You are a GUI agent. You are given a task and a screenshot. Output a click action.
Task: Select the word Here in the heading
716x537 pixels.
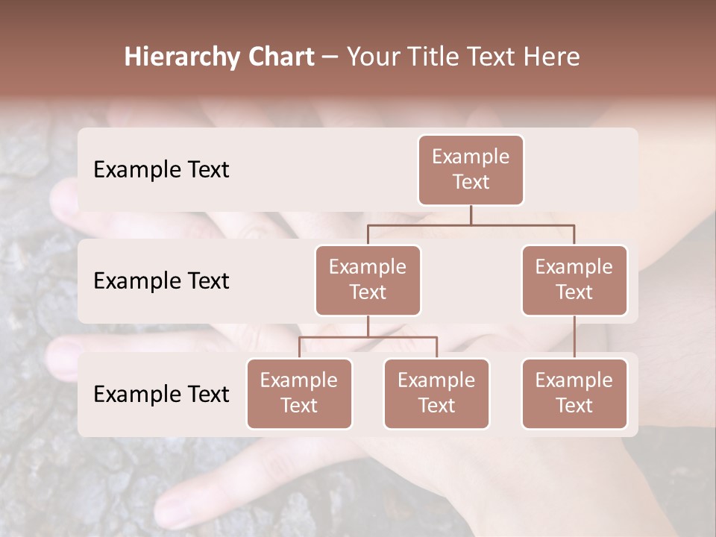(x=551, y=57)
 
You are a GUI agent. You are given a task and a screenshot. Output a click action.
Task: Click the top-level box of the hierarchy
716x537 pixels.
(x=471, y=169)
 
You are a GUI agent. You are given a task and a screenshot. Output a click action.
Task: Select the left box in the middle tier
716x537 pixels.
(x=368, y=280)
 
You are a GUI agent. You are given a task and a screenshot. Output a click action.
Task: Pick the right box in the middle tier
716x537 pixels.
(x=574, y=280)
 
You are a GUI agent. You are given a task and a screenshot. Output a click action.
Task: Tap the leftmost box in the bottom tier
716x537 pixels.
(x=299, y=393)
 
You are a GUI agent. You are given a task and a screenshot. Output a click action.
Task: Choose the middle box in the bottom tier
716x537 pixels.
(x=436, y=393)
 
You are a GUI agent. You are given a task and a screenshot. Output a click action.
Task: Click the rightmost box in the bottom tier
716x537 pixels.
(x=574, y=393)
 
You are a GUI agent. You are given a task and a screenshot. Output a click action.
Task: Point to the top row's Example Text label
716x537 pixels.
(x=161, y=170)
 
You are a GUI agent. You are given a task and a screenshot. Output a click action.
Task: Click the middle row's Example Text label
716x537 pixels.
(x=161, y=281)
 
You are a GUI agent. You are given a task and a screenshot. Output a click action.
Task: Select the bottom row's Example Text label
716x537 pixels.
(x=161, y=394)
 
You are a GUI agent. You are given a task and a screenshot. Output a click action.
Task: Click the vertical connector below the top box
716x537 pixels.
(x=471, y=215)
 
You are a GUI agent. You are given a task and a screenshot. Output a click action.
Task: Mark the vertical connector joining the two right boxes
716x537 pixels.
(x=574, y=337)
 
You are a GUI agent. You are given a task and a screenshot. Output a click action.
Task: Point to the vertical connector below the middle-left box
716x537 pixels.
(x=368, y=326)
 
